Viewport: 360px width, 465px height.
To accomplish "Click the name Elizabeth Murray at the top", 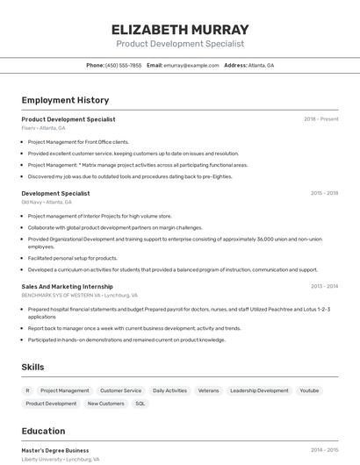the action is pos(180,29).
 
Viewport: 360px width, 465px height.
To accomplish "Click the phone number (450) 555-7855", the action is pos(123,65).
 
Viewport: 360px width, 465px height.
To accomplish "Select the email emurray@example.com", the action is pos(191,65).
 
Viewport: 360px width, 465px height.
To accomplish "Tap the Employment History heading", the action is pos(65,100).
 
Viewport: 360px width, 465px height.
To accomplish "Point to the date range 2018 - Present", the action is pos(320,119).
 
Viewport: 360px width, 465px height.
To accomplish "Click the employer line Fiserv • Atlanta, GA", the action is pos(43,128).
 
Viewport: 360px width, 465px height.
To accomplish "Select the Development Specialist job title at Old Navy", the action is pos(55,193).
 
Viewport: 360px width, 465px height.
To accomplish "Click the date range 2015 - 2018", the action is pos(324,193).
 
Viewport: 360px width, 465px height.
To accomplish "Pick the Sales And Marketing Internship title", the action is pos(67,286).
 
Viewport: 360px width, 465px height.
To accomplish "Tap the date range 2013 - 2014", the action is pos(324,286).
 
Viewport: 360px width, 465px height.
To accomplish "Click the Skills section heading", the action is pos(33,367).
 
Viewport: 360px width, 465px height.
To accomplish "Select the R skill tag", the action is pos(27,390).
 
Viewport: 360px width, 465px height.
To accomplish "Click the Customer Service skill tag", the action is pos(120,390).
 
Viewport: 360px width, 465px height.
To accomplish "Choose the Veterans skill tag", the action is pos(208,390).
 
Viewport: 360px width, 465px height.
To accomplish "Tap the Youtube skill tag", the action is pos(309,390).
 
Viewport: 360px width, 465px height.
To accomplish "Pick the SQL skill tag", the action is pos(140,404).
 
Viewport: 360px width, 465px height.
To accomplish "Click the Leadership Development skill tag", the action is pos(259,390).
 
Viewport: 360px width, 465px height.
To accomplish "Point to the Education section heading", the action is pos(43,431).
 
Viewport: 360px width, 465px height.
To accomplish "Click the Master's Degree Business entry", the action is pos(55,450).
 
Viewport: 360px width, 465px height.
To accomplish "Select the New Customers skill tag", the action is pos(105,404).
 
